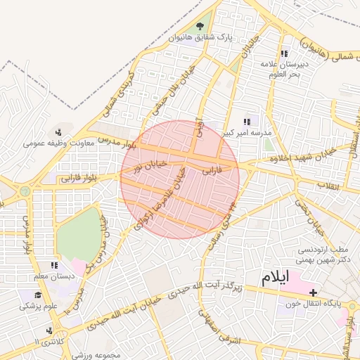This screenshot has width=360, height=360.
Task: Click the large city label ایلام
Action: pyautogui.click(x=274, y=277)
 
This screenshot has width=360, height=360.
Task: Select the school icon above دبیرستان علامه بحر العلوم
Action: pyautogui.click(x=284, y=53)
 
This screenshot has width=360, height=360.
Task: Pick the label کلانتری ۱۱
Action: pyautogui.click(x=48, y=341)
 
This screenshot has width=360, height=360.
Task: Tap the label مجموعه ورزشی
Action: pyautogui.click(x=108, y=352)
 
